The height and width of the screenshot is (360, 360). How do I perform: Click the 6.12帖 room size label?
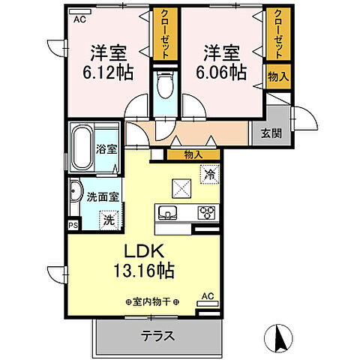pos(109,64)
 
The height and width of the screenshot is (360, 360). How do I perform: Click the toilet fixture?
pos(163,88)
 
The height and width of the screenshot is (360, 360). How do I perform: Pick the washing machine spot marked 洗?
pos(109,221)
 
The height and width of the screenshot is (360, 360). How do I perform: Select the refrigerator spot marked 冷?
pos(210,173)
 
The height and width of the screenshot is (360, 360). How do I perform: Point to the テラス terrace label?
pos(157,336)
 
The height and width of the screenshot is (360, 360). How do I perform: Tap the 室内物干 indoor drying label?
pos(151,302)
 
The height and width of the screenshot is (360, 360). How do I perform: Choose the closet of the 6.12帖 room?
pos(162,34)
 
